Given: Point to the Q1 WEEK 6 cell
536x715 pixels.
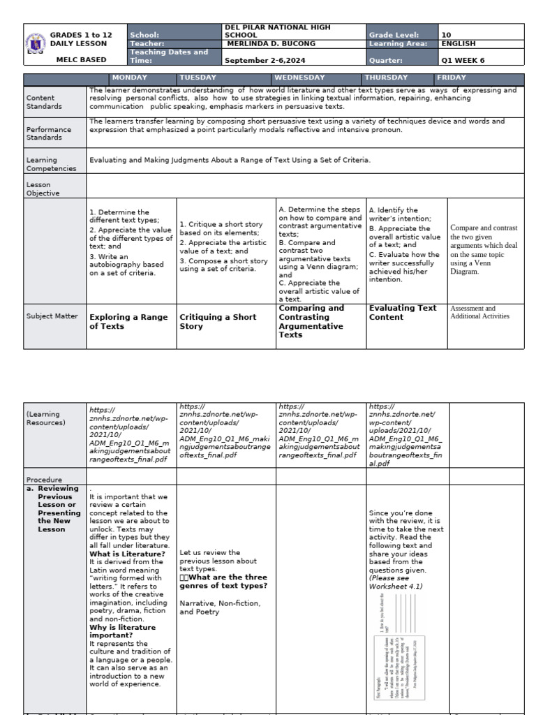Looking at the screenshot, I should (463, 60).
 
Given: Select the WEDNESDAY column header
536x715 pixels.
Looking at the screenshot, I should (299, 78).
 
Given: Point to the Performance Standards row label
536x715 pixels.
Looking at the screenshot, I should (49, 133).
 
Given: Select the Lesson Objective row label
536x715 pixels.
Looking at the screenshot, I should (43, 189).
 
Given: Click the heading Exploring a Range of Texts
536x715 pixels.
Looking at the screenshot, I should (128, 321).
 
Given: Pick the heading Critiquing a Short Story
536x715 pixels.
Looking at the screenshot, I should (218, 321).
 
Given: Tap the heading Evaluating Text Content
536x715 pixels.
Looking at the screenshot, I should (403, 312).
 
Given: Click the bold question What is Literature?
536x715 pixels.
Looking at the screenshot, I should (127, 554).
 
